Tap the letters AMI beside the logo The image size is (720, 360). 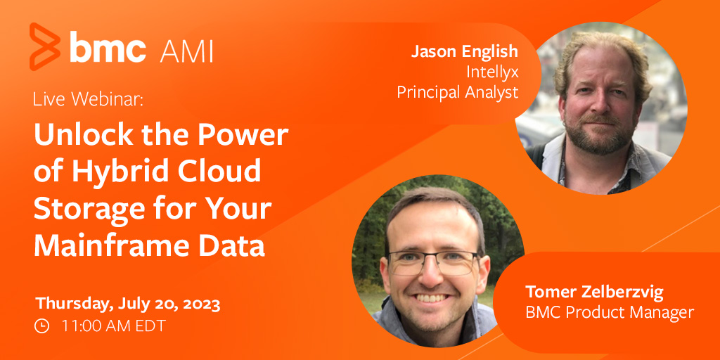186,50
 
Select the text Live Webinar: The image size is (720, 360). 88,99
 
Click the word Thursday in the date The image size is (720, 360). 70,304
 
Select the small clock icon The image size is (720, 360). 42,326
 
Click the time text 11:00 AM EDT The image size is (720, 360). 114,326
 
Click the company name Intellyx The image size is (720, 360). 491,72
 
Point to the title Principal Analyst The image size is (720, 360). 457,92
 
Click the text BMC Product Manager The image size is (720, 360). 610,311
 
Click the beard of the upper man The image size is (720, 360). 598,137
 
